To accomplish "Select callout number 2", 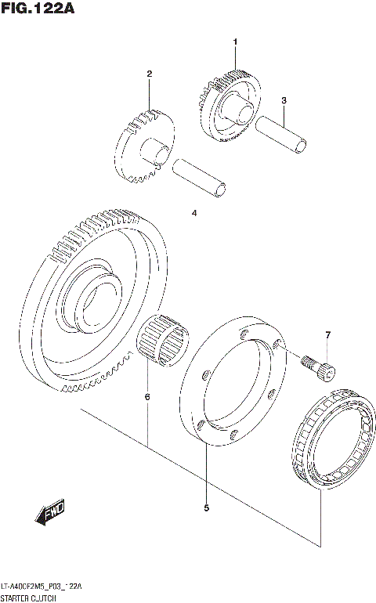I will (x=148, y=74).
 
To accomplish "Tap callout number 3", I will (x=284, y=100).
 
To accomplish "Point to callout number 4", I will (x=194, y=212).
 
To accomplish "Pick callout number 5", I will (x=206, y=508).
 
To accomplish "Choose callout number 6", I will (x=146, y=398).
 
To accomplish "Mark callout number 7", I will (x=327, y=335).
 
